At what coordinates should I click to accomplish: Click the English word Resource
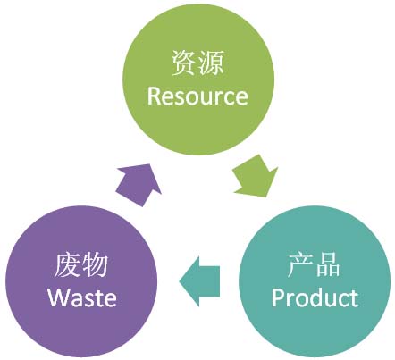[197, 96]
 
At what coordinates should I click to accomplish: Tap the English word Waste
[82, 297]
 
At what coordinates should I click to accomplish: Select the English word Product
[315, 297]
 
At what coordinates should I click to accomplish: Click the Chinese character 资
[184, 63]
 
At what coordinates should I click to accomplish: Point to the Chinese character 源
[211, 63]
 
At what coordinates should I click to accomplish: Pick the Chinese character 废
[68, 265]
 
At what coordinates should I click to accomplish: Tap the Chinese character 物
[95, 265]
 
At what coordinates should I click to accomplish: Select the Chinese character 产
[300, 264]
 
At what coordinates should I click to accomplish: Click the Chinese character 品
[328, 264]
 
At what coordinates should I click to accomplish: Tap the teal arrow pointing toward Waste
[199, 281]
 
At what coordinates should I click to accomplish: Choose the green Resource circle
[198, 79]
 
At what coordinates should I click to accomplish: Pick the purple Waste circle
[81, 281]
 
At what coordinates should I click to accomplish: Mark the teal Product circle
[315, 281]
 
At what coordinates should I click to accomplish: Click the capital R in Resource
[154, 96]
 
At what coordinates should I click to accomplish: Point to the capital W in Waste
[59, 297]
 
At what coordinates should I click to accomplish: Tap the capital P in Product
[278, 297]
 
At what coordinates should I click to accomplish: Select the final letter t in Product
[354, 298]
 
